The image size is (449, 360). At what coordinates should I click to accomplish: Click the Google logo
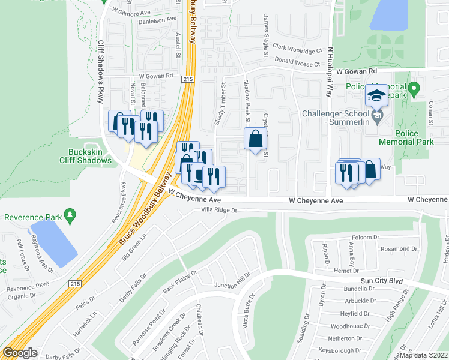point(19,353)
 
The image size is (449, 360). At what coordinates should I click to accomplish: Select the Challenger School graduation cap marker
point(376,96)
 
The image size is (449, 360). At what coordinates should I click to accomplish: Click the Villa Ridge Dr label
point(220,211)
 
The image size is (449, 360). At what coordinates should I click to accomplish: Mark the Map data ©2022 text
point(424,355)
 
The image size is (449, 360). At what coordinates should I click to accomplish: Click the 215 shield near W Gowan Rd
point(188,79)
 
